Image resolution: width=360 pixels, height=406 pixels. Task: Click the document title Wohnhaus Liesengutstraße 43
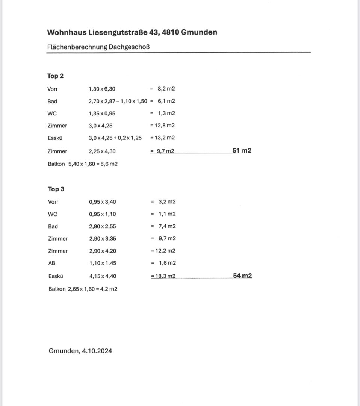coord(132,32)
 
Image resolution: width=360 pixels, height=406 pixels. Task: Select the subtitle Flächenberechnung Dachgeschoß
coord(101,47)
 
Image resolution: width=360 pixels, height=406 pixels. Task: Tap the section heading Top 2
coord(55,76)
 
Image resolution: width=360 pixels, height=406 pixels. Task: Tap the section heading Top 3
coord(56,189)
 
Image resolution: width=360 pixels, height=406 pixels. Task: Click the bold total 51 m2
coord(242,151)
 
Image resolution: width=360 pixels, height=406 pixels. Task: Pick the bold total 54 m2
coord(242,276)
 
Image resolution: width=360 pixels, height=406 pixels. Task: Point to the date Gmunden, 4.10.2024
coord(80,351)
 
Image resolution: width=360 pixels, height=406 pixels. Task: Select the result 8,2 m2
coord(166,89)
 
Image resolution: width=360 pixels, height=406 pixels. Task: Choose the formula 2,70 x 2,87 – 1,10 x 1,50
coord(118,101)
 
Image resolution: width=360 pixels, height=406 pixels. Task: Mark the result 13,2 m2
coord(164,138)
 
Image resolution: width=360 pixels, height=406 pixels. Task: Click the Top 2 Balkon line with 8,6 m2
coord(83,164)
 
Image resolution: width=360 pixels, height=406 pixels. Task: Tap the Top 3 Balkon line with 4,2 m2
coord(83,289)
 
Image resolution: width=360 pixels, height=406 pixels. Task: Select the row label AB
coord(52,263)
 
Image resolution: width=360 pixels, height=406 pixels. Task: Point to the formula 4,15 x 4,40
coord(103,276)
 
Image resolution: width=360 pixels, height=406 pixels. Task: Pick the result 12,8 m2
coord(164,126)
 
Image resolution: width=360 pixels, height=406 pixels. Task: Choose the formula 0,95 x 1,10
coord(103,214)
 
